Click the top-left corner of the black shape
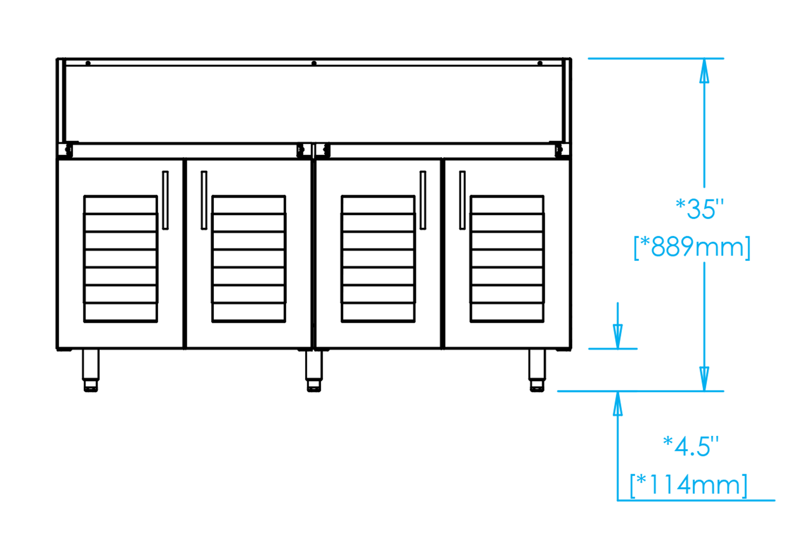[55, 57]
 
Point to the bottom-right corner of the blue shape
[775, 501]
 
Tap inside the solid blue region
[693, 320]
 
